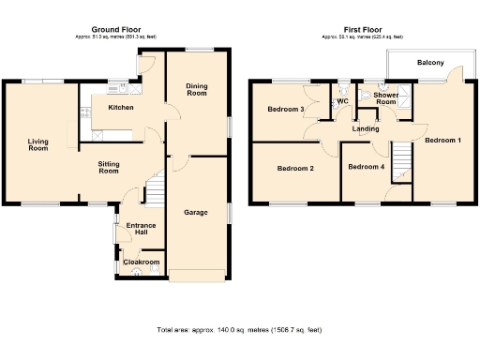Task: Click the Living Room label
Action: click(37, 144)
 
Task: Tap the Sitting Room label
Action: click(109, 167)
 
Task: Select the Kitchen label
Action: click(121, 108)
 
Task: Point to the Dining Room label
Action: click(197, 90)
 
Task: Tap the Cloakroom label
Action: click(142, 262)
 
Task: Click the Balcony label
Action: click(431, 64)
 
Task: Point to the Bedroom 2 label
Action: click(295, 169)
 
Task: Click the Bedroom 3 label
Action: click(286, 110)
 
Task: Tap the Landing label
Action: click(367, 129)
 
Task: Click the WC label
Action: click(342, 100)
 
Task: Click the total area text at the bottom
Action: click(240, 330)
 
